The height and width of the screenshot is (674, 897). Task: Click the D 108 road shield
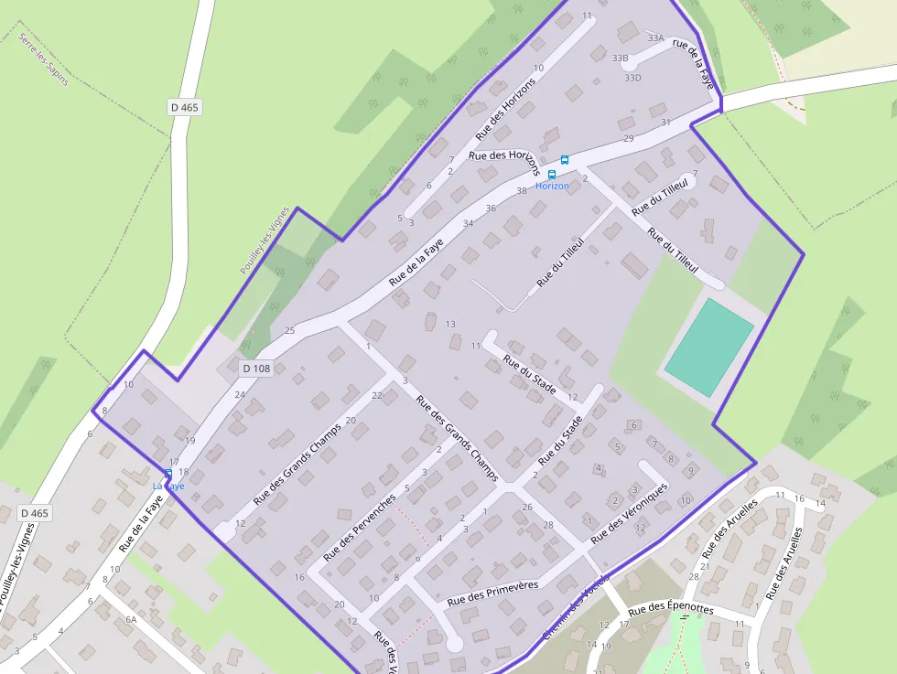[257, 368]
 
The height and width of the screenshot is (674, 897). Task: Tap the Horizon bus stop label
[552, 187]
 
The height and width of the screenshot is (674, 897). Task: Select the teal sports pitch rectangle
[708, 348]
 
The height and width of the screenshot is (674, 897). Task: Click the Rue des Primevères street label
[492, 594]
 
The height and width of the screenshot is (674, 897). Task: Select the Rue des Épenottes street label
[671, 607]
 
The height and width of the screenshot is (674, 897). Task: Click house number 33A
[655, 38]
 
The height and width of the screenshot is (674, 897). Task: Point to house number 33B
[621, 59]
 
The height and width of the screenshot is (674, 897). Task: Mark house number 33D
[632, 78]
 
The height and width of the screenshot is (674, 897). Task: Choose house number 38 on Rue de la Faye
[522, 190]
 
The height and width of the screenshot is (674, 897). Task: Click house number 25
[290, 330]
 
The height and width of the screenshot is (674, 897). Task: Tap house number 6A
[131, 620]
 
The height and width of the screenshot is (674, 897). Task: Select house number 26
[526, 507]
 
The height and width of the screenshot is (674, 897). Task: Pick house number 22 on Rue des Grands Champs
[376, 396]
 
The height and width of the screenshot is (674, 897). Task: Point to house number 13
[449, 325]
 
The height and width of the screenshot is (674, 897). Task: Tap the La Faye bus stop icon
[168, 473]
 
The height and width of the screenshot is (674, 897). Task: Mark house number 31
[665, 122]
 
